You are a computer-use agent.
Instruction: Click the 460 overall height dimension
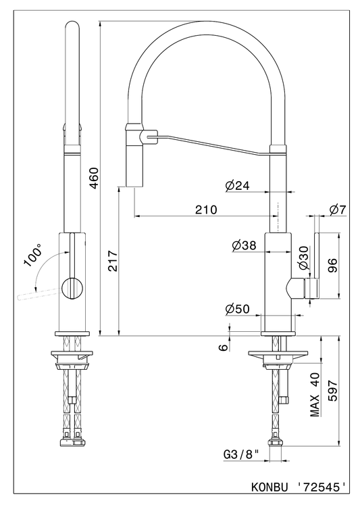[94, 178]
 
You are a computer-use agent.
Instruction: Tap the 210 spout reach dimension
[206, 210]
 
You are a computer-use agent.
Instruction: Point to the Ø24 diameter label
[237, 186]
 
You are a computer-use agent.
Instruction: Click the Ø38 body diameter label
[245, 245]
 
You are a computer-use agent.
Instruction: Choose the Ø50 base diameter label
[238, 309]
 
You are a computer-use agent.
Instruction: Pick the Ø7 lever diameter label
[338, 210]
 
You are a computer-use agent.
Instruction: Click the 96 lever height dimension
[332, 265]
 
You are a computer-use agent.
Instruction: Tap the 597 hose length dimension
[332, 391]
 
